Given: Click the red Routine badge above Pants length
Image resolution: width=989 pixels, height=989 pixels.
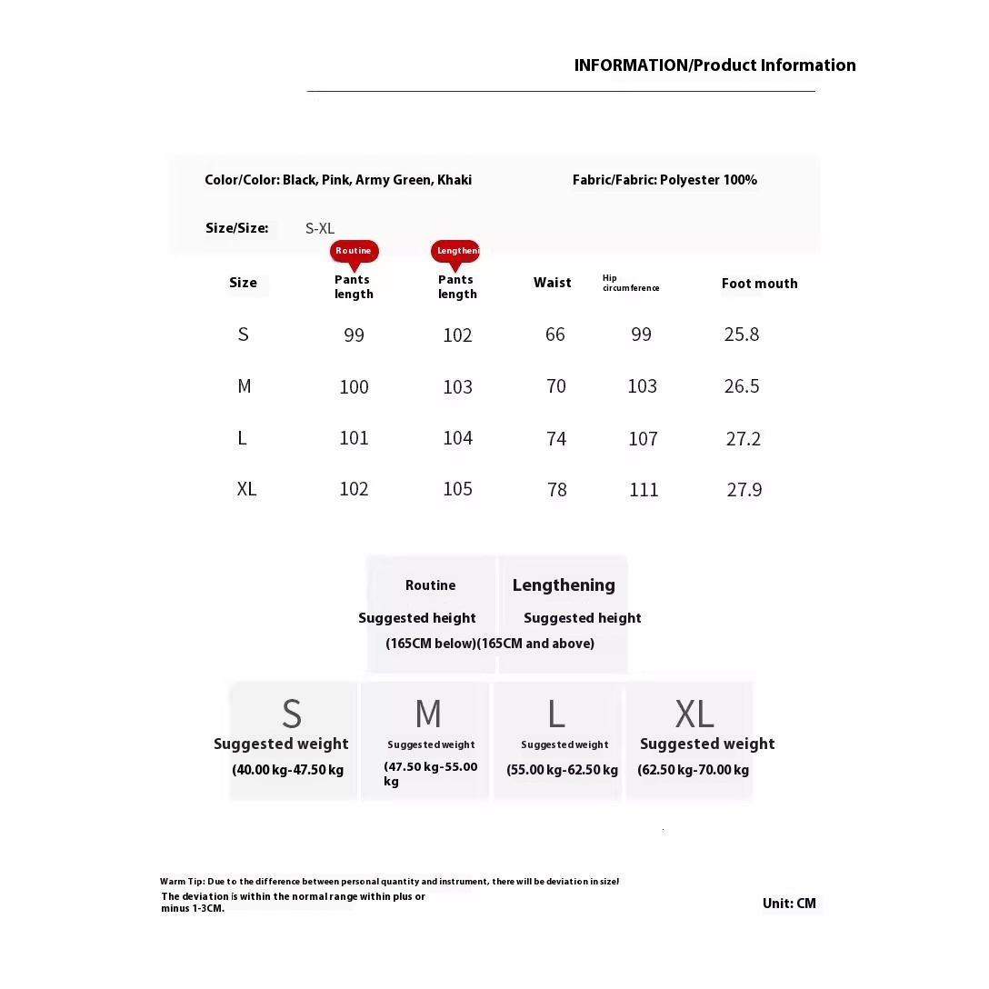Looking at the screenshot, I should [x=354, y=251].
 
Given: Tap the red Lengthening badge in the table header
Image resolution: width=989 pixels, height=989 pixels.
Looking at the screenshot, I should [x=455, y=251].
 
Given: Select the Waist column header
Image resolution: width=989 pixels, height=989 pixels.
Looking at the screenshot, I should [x=553, y=283].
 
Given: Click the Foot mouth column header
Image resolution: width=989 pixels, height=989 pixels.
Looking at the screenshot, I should [x=759, y=284].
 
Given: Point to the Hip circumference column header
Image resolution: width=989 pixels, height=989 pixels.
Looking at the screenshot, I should [x=631, y=284].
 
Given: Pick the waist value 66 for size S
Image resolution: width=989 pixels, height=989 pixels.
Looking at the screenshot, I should [x=555, y=335].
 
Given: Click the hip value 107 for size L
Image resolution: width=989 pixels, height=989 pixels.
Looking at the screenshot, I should [x=643, y=439].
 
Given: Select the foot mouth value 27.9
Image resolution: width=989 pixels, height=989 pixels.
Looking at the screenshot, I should [x=744, y=490].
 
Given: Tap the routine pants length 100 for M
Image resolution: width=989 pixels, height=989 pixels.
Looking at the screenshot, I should [x=354, y=387].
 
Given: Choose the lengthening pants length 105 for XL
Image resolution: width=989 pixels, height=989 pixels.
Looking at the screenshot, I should [x=457, y=489].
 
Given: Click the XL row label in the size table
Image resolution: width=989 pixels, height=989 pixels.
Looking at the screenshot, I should [x=246, y=489].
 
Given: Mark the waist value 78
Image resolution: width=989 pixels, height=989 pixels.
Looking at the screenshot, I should [x=557, y=490].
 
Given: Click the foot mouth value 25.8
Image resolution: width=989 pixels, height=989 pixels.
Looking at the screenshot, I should [x=742, y=335].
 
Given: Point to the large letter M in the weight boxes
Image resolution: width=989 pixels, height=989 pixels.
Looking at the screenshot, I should [x=427, y=714].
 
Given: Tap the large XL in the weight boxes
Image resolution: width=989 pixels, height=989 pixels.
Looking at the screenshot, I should [x=694, y=714].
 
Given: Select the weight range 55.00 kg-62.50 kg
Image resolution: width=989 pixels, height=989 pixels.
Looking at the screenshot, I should [x=562, y=770].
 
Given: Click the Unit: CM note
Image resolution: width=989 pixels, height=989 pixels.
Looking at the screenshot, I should [x=789, y=904].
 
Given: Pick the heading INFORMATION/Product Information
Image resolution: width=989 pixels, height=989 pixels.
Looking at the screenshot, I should [x=714, y=65].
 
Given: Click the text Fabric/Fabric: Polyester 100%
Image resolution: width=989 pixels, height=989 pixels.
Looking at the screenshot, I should [x=664, y=180].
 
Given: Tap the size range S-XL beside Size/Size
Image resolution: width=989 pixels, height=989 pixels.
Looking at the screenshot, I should [x=320, y=228].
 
